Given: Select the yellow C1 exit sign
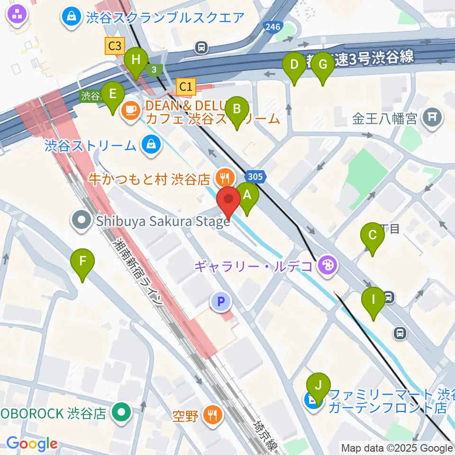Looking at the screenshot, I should [x=185, y=86].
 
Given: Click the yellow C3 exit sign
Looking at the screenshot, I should [x=114, y=46].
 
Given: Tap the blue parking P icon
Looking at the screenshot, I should [x=220, y=300].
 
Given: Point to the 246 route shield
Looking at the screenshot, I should [x=273, y=27].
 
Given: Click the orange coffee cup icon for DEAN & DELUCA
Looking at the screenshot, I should [x=130, y=111].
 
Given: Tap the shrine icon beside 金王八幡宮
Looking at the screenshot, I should [x=432, y=116].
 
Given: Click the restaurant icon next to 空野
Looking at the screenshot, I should [x=211, y=416].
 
